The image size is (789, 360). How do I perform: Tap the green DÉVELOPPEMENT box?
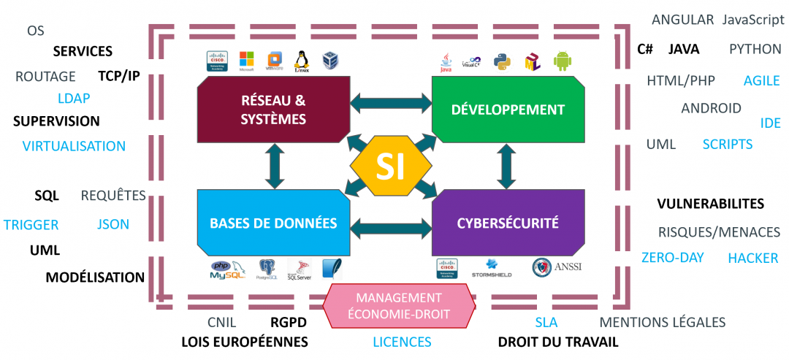pos(508,110)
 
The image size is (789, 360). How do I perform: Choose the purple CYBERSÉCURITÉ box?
pos(508,223)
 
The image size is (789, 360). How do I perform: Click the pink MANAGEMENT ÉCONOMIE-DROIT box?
pos(398,307)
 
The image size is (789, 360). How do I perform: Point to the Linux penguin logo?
pos(301,61)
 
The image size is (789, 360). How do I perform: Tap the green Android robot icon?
pos(562,61)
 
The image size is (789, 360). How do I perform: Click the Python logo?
pos(501,61)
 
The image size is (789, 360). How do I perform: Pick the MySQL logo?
pos(228,271)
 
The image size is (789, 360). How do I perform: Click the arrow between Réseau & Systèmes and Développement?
pos(391,102)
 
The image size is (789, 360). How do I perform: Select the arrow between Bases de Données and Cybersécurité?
pos(391,228)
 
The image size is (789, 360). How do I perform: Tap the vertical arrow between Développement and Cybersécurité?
pos(505,166)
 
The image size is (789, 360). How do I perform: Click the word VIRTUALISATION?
pos(74,146)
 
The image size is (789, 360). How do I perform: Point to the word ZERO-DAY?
pos(672,258)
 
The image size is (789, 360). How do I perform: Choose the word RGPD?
pos(288,323)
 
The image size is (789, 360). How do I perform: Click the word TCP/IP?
pos(119,76)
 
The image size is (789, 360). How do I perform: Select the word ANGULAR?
pos(682,20)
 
